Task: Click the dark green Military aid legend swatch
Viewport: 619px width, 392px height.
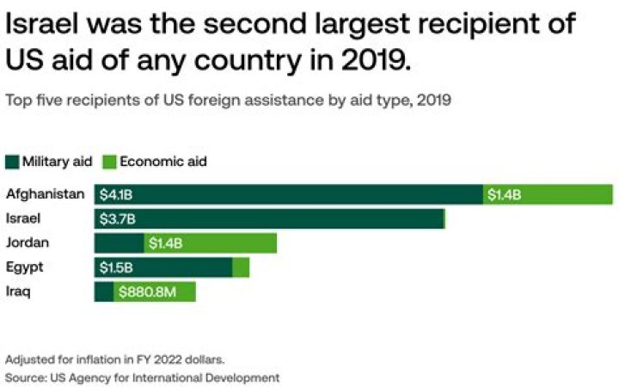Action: pos(12,162)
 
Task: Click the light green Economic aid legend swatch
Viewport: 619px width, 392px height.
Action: pos(109,162)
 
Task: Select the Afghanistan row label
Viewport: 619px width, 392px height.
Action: pos(45,194)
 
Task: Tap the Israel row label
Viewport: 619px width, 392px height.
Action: pos(23,218)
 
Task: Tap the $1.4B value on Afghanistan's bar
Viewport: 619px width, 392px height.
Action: pos(504,195)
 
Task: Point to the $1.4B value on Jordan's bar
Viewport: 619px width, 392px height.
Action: pos(165,243)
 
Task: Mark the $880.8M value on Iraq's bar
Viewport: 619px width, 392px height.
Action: pos(147,292)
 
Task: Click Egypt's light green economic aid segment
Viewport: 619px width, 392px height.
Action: pos(241,268)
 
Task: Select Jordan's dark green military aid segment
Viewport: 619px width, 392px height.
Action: pos(119,243)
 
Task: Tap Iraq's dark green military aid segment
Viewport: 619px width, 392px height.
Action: pos(103,292)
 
